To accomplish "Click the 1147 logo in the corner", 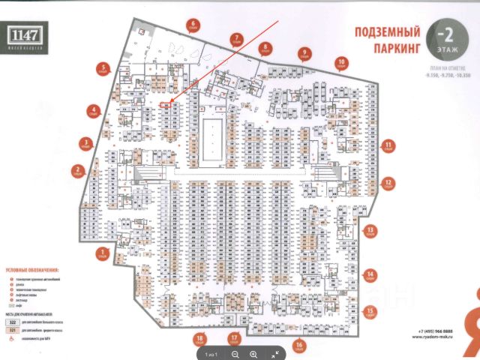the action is coord(28,35).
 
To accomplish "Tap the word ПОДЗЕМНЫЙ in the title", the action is coord(374,34).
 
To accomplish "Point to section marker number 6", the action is coord(193,25).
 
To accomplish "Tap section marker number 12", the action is coord(389,182).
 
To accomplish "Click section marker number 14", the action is coord(370,274).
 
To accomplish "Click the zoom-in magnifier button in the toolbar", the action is coord(253,353).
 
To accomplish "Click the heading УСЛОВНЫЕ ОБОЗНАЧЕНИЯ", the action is coord(33,269).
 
